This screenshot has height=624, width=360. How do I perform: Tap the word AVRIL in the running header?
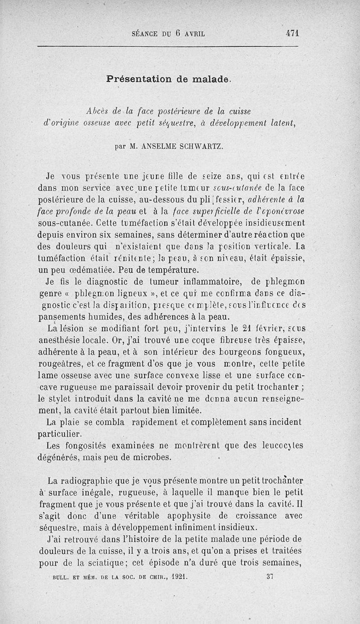click(x=193, y=33)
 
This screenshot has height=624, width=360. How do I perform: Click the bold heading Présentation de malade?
click(x=169, y=79)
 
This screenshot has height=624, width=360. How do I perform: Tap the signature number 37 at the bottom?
click(x=270, y=575)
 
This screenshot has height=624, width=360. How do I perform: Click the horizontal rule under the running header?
click(x=167, y=46)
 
